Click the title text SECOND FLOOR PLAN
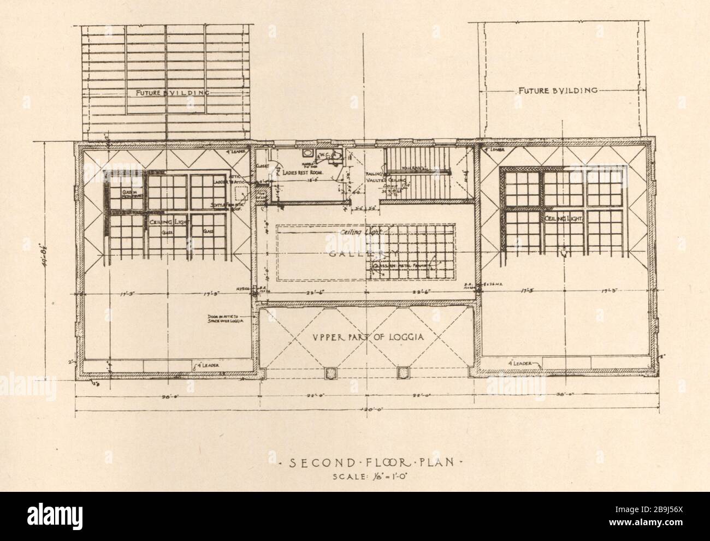(x=371, y=463)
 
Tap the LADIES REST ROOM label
(x=307, y=171)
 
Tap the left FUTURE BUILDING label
(x=165, y=92)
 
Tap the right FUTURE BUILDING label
(x=557, y=90)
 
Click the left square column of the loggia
(x=330, y=373)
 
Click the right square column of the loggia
(x=403, y=373)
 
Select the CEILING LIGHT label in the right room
(x=563, y=218)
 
